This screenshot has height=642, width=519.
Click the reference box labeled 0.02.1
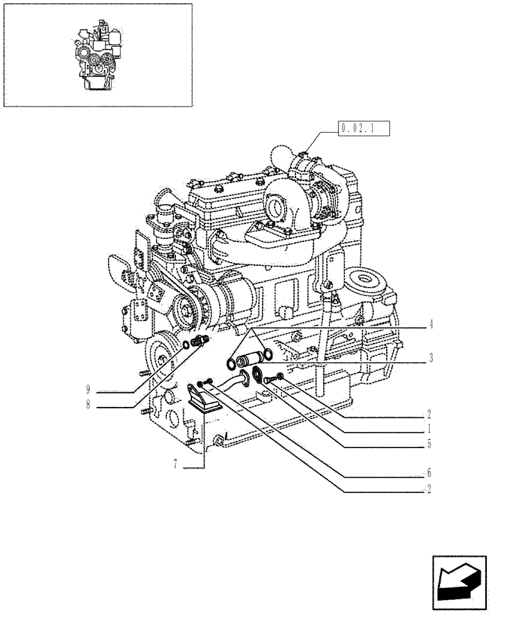pyautogui.click(x=364, y=129)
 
